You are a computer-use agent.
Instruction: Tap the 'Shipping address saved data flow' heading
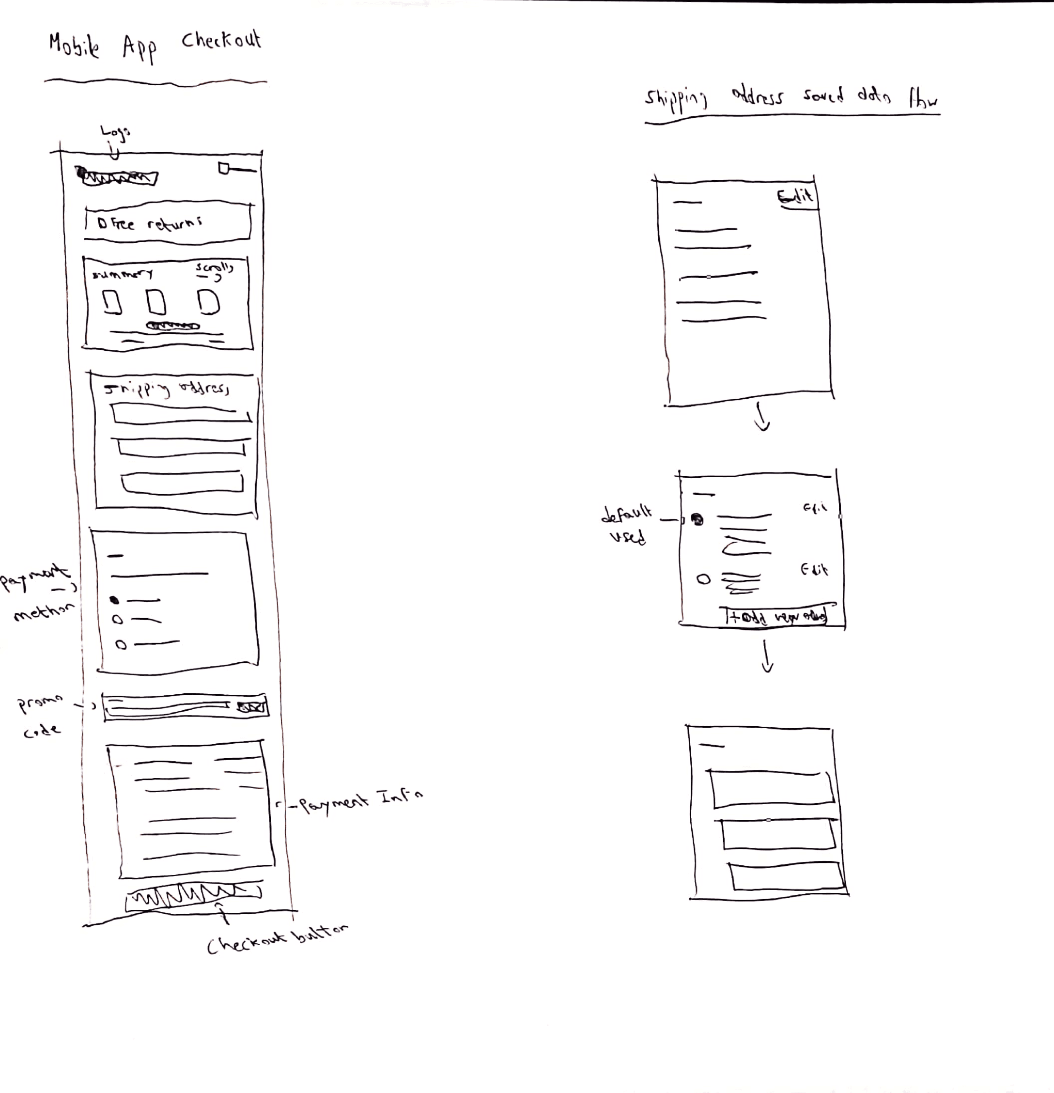791,99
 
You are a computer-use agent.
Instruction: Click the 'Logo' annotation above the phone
115,133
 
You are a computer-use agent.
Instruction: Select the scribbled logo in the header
118,177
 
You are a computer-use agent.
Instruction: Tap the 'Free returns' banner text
150,224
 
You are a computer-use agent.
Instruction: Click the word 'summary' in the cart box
122,274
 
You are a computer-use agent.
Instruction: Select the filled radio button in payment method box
114,600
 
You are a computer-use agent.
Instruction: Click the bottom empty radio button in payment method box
121,645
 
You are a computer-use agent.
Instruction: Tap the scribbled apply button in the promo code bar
251,707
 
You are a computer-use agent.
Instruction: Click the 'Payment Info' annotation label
360,801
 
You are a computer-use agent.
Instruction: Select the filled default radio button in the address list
697,520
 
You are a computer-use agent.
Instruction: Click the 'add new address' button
777,617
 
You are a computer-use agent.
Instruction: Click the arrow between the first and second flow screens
762,418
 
